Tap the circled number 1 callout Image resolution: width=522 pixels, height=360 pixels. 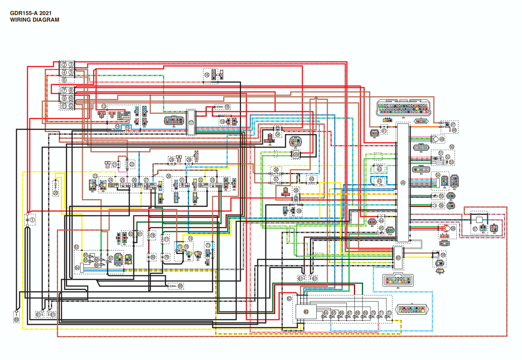(x=32, y=220)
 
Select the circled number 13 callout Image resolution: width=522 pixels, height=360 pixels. (x=104, y=107)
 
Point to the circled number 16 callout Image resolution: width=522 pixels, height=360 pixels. (x=207, y=75)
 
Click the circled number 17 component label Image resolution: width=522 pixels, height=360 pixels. (x=191, y=123)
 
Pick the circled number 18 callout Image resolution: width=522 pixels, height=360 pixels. (x=227, y=107)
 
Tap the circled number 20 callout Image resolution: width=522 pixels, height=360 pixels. (x=55, y=193)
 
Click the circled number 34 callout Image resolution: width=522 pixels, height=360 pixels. (x=277, y=134)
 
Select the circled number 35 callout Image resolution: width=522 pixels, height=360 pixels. (x=296, y=155)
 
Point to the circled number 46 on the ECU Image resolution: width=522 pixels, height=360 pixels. (x=403, y=183)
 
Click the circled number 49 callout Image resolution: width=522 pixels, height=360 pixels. (x=442, y=139)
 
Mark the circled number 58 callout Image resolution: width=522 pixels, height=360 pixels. (x=453, y=229)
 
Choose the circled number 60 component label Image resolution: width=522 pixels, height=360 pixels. (x=398, y=258)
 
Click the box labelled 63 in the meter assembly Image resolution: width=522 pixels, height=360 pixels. (x=306, y=311)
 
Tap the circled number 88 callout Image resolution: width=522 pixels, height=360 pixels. (x=180, y=286)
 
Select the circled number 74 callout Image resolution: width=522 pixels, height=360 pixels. (x=190, y=239)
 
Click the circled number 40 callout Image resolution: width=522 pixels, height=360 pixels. (x=312, y=179)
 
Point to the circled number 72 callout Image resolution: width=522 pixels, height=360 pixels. (x=389, y=313)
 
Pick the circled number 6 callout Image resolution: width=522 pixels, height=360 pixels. (x=64, y=80)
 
